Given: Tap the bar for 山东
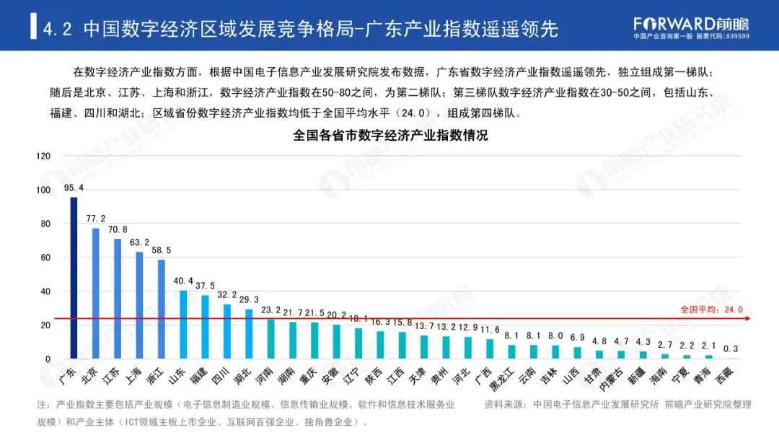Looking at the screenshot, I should click(x=183, y=325).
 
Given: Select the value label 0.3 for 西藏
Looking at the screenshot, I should click(x=730, y=349).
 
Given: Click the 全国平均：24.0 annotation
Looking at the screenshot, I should click(x=710, y=310).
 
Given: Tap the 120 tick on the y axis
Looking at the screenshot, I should click(x=43, y=156).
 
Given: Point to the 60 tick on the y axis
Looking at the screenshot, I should click(x=45, y=258).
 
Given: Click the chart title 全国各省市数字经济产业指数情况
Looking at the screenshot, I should click(x=390, y=135).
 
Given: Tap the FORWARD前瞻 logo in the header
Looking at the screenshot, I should click(x=690, y=23).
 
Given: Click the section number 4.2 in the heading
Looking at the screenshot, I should click(x=58, y=29).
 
